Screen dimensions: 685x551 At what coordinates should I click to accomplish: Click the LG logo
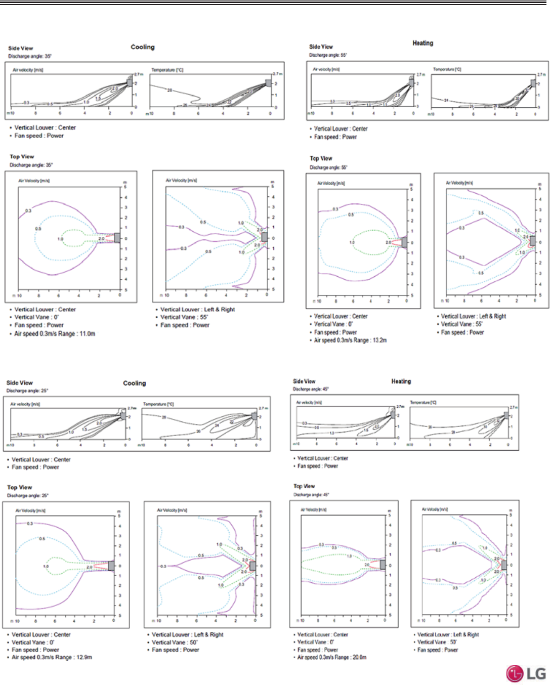click(x=526, y=673)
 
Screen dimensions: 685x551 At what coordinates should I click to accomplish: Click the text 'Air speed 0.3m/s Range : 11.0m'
click(x=55, y=334)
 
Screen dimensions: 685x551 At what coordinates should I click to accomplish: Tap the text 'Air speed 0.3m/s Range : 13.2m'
click(x=350, y=340)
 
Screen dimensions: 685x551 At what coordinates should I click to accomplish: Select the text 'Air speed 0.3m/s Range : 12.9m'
click(x=52, y=657)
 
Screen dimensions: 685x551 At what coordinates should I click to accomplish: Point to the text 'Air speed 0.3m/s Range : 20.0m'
click(x=332, y=657)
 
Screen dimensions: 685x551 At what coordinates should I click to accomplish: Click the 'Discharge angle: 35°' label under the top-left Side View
click(x=30, y=56)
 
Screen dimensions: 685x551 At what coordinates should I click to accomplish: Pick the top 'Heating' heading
click(x=422, y=44)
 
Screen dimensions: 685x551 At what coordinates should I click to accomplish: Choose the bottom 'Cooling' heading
click(x=135, y=383)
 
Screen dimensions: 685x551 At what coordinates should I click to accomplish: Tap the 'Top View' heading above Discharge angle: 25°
click(x=20, y=488)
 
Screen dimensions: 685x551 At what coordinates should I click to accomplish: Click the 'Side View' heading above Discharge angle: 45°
click(x=304, y=381)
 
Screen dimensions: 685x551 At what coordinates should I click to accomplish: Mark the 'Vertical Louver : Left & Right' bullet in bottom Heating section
click(x=448, y=634)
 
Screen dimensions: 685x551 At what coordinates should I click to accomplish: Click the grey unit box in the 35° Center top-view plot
click(x=117, y=238)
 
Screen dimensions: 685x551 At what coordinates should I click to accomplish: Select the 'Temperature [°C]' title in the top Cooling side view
click(x=167, y=70)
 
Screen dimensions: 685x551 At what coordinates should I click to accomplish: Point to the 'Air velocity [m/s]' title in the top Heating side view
click(x=326, y=69)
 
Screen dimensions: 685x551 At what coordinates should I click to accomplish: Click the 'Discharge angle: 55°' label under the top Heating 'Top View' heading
click(x=328, y=167)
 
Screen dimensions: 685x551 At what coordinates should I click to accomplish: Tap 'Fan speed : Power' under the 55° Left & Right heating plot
click(x=462, y=332)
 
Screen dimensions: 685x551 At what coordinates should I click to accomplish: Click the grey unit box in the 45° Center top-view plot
click(x=383, y=565)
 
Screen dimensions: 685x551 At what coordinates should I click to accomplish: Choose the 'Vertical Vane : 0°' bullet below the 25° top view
click(x=33, y=643)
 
